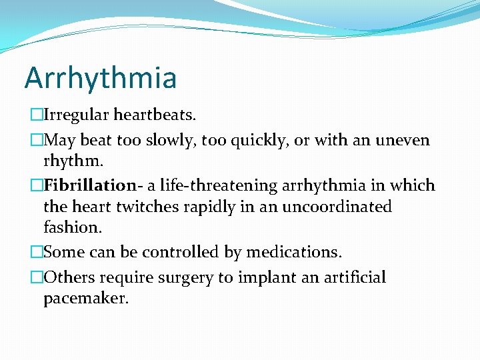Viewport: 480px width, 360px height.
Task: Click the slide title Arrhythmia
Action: coord(101,78)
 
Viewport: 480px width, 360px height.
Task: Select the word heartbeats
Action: coord(155,115)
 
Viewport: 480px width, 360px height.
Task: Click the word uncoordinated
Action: coord(337,207)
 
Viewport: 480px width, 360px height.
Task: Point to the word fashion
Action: coord(73,227)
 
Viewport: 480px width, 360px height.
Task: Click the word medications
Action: coord(293,253)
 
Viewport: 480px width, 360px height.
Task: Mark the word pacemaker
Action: coord(85,299)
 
